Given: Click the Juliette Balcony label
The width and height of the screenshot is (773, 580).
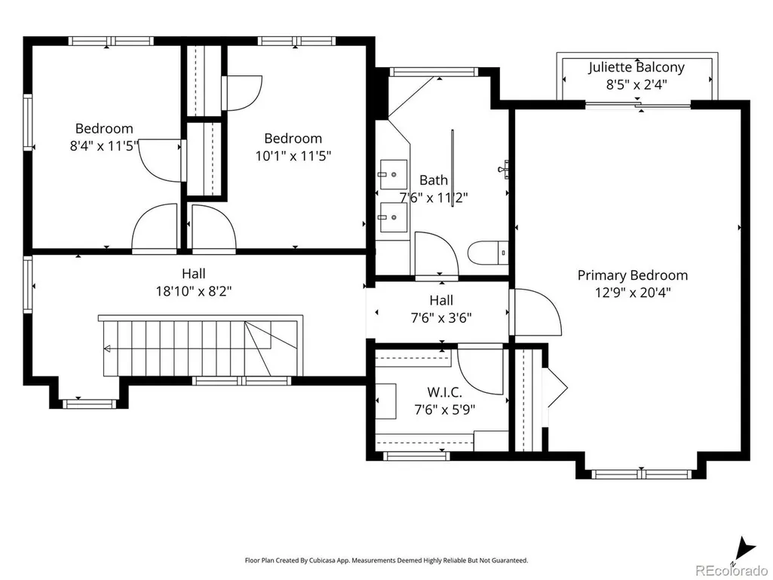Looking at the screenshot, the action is (636, 67).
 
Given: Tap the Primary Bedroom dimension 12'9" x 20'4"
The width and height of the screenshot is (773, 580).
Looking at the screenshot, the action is (633, 293).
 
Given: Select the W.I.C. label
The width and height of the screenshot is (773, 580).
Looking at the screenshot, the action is (444, 393).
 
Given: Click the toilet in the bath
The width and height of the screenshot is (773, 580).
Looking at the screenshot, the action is (488, 253).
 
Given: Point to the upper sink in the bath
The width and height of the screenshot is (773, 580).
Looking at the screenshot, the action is (393, 174).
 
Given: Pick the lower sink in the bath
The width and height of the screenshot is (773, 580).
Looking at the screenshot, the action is (393, 217).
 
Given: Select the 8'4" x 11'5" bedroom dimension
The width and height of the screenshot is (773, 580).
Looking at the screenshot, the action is (104, 146).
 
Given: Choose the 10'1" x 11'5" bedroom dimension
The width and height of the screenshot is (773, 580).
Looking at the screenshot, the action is (293, 156).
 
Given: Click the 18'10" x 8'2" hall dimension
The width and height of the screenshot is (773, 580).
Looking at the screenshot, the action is (194, 291).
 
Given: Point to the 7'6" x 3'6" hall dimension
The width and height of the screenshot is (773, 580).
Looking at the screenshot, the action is (441, 318).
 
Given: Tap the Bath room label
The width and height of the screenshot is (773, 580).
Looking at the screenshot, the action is (434, 180).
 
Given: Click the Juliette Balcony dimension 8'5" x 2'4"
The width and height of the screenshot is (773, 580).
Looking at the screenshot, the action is (636, 84).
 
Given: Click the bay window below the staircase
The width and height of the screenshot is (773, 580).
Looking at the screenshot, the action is (89, 404).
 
